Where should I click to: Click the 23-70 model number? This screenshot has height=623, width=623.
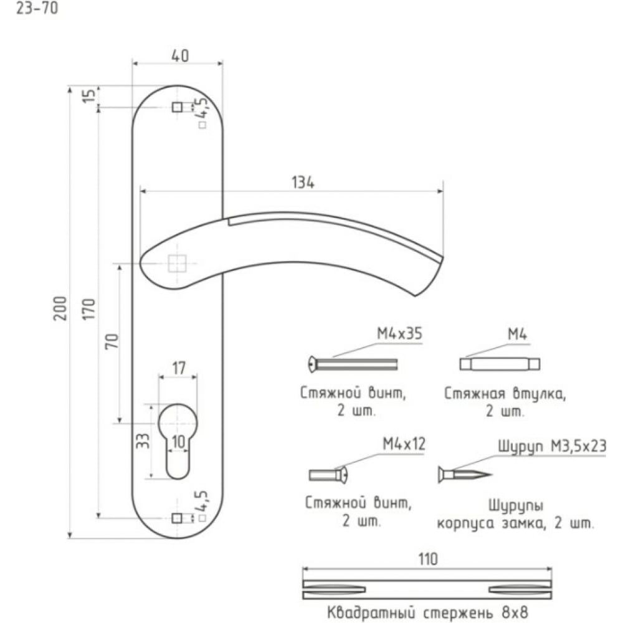click(37, 8)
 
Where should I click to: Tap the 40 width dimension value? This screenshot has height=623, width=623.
click(180, 55)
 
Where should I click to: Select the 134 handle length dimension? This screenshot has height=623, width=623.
click(303, 183)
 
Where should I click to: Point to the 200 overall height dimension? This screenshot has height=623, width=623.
click(60, 308)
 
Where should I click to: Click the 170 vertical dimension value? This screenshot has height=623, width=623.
click(89, 308)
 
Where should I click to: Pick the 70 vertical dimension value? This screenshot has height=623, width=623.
click(112, 341)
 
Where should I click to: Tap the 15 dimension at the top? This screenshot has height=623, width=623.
click(89, 95)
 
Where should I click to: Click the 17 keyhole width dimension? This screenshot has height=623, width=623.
click(179, 368)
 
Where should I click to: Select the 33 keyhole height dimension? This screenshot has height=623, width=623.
click(143, 440)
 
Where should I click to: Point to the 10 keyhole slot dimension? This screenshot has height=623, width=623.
click(179, 442)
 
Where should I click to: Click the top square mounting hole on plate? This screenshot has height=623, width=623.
click(177, 107)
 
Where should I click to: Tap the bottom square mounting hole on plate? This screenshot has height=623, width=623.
click(177, 518)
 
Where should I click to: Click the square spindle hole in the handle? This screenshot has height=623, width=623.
click(177, 264)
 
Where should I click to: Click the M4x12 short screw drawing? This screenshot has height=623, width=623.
click(328, 474)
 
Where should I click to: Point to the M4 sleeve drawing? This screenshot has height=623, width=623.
click(500, 364)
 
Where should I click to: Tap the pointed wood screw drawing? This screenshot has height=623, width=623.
click(465, 474)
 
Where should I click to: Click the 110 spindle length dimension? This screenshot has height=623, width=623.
click(428, 559)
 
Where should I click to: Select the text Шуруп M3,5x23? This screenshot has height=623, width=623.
click(552, 446)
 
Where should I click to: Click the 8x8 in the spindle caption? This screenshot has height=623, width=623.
click(515, 613)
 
